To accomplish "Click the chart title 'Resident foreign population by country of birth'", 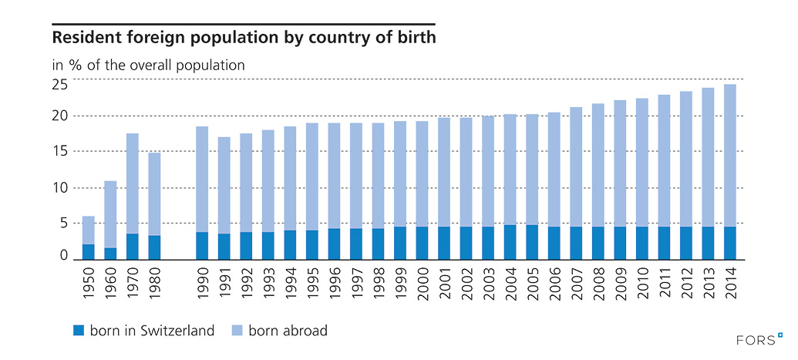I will pos(243,36).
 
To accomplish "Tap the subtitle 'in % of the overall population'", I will pos(148,65).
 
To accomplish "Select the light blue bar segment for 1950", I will pos(89,230).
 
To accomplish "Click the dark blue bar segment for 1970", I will pos(133,246).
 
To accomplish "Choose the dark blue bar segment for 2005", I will pos(532,241).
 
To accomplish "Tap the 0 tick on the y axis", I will pos(65,256).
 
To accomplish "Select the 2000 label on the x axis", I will pos(423,288).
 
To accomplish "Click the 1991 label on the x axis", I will pos(224,288).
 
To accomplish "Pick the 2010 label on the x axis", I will pos(642,288).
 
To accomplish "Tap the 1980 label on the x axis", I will pos(154,288).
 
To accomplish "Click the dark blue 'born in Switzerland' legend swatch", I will pos(78,330).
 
